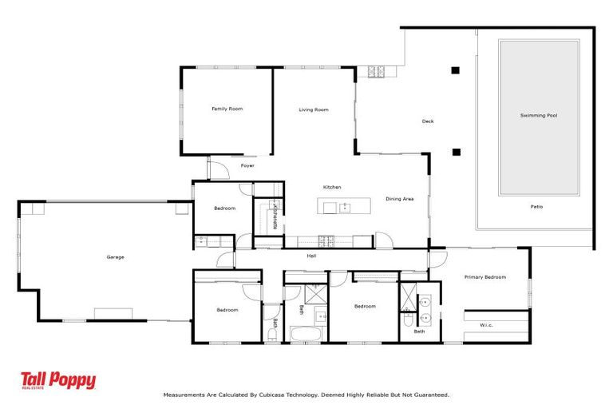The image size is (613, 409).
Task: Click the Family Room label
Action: point(227,109)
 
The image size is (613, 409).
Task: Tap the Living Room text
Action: point(314,109)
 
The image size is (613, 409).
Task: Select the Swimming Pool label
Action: point(538,116)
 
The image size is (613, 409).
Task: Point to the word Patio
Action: point(537,207)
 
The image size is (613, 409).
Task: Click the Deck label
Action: point(428,121)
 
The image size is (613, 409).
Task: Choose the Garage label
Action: point(116,257)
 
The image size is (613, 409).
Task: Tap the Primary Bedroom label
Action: point(485,277)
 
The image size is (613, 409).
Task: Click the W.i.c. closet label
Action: point(486,325)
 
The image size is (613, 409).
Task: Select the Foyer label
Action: point(247,166)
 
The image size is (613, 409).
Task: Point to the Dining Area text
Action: point(399,199)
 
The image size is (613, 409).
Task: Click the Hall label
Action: point(312,256)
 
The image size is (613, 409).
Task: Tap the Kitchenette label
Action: point(275,215)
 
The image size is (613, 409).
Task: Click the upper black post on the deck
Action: point(456,70)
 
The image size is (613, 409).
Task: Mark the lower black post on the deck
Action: point(456,151)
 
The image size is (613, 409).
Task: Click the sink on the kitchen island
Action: point(345,208)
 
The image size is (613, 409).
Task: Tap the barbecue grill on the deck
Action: point(376,72)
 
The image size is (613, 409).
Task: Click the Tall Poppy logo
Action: point(58,381)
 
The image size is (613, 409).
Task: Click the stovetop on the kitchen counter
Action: point(326,240)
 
